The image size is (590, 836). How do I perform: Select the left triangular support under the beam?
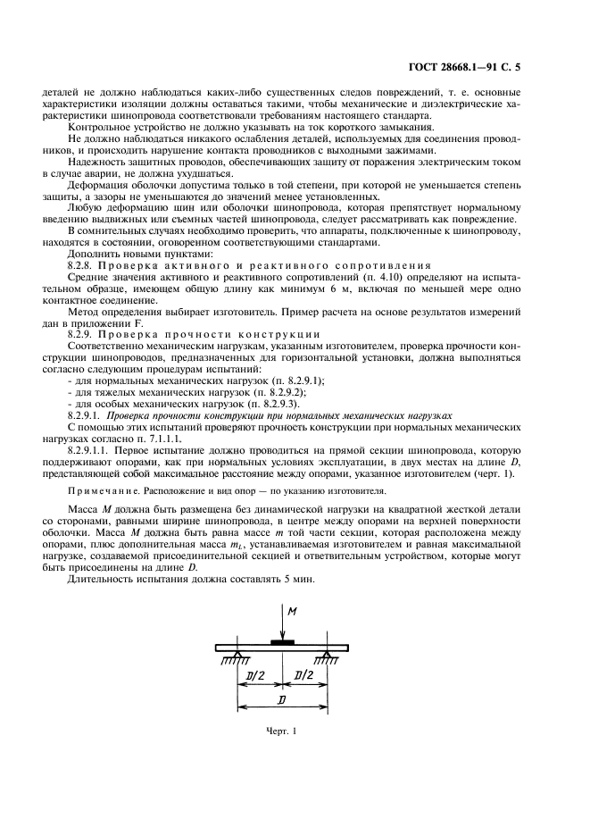(237, 657)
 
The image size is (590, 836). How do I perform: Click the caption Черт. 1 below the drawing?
(282, 732)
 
